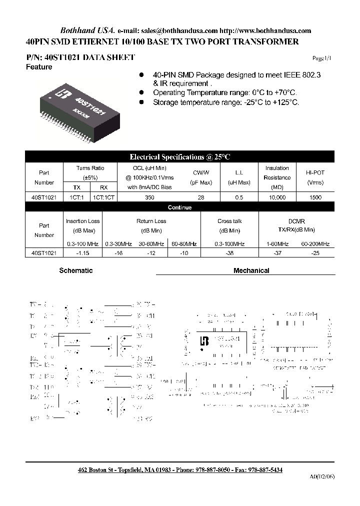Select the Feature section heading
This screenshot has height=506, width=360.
(39, 67)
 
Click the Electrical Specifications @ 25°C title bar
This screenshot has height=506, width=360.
(179, 157)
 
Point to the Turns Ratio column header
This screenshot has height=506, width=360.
(90, 168)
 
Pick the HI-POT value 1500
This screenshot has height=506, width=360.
(315, 197)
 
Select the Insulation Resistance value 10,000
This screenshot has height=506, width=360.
(277, 197)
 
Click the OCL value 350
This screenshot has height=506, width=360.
(149, 197)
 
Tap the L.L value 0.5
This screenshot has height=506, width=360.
(238, 197)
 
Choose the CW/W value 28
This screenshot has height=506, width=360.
(201, 197)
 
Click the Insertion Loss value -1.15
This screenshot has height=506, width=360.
(82, 253)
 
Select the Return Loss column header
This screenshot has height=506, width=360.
(151, 221)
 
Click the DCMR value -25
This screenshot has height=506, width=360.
(315, 253)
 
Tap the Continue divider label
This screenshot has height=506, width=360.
(179, 207)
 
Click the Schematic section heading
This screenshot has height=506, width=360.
(76, 270)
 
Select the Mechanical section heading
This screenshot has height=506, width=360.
(251, 270)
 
